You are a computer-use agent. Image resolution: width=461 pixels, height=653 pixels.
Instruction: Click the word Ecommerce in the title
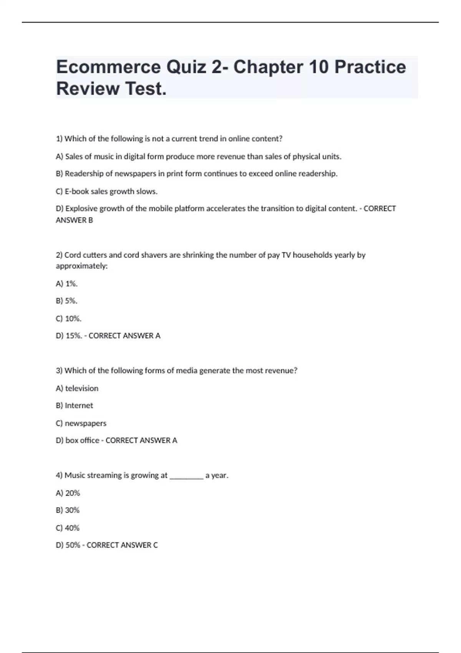108,67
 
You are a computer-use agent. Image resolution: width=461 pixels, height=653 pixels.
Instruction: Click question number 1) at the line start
59,139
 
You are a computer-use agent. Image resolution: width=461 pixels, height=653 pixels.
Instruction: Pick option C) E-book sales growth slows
106,191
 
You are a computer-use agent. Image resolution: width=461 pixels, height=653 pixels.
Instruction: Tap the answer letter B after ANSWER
91,220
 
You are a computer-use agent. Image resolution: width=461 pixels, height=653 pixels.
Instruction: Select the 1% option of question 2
71,284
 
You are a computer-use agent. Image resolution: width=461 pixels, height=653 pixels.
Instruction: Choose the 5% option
71,301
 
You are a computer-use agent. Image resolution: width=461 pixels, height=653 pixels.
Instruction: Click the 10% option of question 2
73,318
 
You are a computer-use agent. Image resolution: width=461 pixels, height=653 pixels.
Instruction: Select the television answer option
81,388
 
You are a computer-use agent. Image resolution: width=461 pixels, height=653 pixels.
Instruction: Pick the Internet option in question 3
79,406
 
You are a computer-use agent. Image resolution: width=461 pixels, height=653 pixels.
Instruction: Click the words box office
82,441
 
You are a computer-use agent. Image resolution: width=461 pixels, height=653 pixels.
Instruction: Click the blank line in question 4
186,476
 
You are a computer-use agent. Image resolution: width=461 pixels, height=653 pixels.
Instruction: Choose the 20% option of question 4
73,493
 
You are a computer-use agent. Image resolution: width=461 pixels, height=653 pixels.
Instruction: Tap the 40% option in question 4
72,528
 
